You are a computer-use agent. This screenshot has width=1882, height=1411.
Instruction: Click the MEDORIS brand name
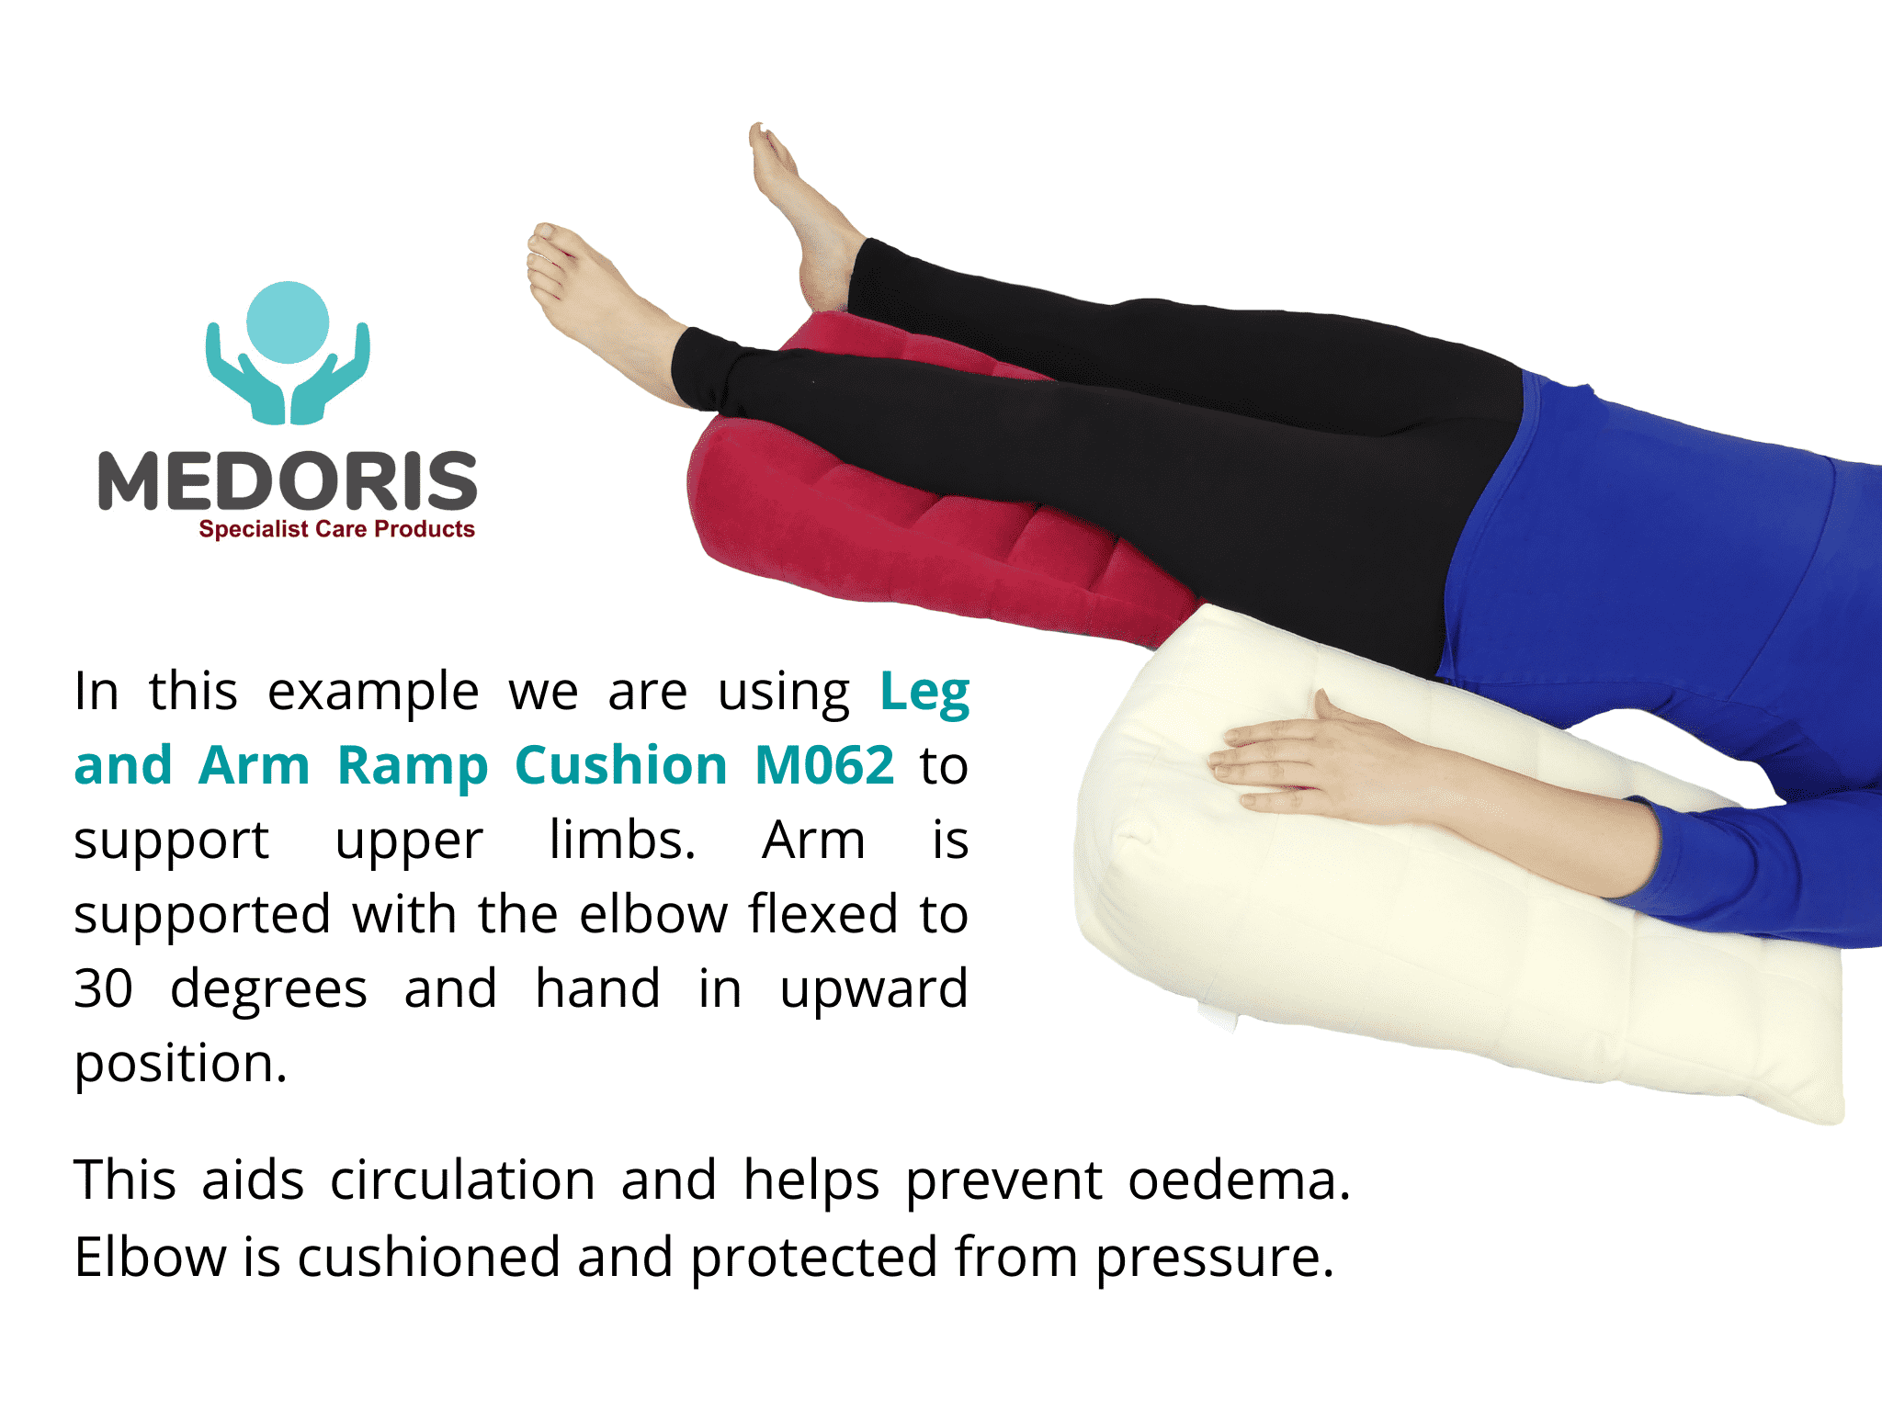(x=288, y=480)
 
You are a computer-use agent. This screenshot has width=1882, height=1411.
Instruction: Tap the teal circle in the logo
(x=288, y=322)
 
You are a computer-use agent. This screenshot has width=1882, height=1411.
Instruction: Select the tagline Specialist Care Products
(x=336, y=529)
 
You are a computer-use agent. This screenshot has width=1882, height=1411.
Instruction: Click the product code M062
(x=824, y=765)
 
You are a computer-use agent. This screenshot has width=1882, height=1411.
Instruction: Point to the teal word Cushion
(x=621, y=765)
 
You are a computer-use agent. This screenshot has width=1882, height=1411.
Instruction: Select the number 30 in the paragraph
(x=104, y=989)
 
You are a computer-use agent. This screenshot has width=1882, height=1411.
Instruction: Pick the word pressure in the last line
(x=1214, y=1259)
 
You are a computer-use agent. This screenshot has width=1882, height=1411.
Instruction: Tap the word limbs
(x=622, y=840)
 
